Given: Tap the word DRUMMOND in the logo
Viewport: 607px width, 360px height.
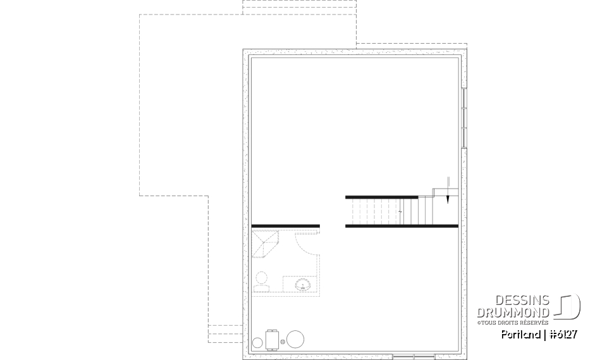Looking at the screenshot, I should click(513, 312).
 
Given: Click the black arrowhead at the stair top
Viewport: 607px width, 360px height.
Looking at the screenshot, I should click(447, 199).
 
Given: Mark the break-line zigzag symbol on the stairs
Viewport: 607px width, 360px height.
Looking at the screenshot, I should click(401, 211).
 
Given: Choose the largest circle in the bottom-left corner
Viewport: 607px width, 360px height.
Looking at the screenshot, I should click(296, 339).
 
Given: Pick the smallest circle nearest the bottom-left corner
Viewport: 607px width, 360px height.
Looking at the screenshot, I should click(258, 343).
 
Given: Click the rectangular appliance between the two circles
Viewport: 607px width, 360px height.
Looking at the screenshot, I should click(274, 340).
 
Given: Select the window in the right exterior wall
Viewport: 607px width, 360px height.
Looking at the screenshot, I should click(463, 117).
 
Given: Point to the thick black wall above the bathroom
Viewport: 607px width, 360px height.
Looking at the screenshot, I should click(286, 225).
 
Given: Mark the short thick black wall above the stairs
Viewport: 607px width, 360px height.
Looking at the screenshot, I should click(381, 197).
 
